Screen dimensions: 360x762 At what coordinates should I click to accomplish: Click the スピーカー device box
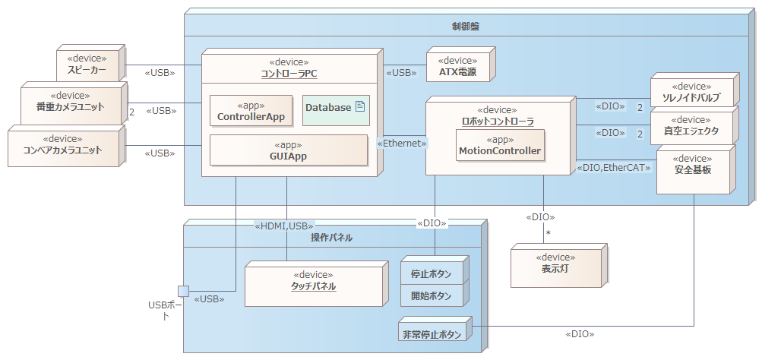click(x=90, y=66)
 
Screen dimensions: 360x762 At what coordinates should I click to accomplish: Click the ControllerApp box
click(x=251, y=111)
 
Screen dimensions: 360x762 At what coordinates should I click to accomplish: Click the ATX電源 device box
click(x=458, y=67)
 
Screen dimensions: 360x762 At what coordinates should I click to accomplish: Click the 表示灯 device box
click(x=556, y=262)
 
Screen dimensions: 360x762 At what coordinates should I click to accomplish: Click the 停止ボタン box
click(x=432, y=273)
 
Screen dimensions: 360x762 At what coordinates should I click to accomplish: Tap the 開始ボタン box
click(x=432, y=295)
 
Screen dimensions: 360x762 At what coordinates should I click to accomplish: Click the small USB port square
click(x=183, y=291)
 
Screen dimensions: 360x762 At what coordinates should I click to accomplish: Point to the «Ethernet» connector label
click(x=402, y=142)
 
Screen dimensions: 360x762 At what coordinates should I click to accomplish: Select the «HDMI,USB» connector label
click(x=284, y=225)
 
